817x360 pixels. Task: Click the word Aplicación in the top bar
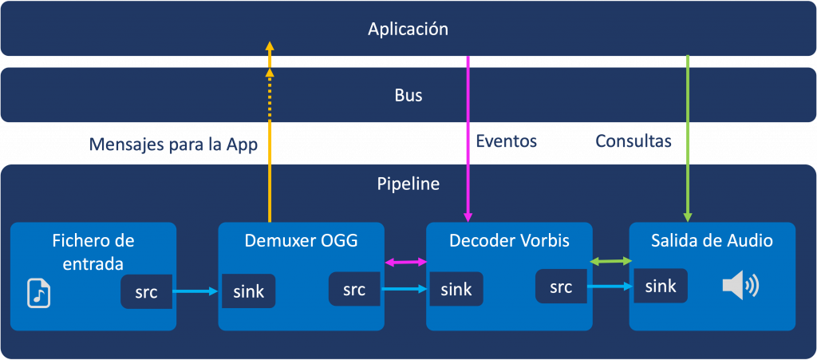tap(408, 30)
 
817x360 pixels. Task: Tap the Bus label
tap(408, 95)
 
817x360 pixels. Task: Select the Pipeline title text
tap(408, 184)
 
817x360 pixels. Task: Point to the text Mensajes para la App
tap(173, 144)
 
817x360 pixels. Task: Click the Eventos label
tap(507, 140)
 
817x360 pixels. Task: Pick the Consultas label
tap(633, 140)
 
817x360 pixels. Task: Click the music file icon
tap(38, 293)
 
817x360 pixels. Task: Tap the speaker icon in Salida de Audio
tap(740, 287)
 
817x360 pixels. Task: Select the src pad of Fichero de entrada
tap(147, 291)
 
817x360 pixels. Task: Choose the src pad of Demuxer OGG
tap(354, 289)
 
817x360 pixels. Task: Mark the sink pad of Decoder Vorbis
tap(455, 289)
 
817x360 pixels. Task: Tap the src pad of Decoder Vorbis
tap(561, 286)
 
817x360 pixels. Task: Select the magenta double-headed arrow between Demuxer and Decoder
tap(405, 263)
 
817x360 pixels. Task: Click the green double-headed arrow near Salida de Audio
tap(610, 260)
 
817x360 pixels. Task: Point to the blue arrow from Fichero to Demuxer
tap(195, 291)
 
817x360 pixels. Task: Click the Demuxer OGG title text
tap(301, 241)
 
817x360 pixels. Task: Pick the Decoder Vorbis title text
tap(509, 241)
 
